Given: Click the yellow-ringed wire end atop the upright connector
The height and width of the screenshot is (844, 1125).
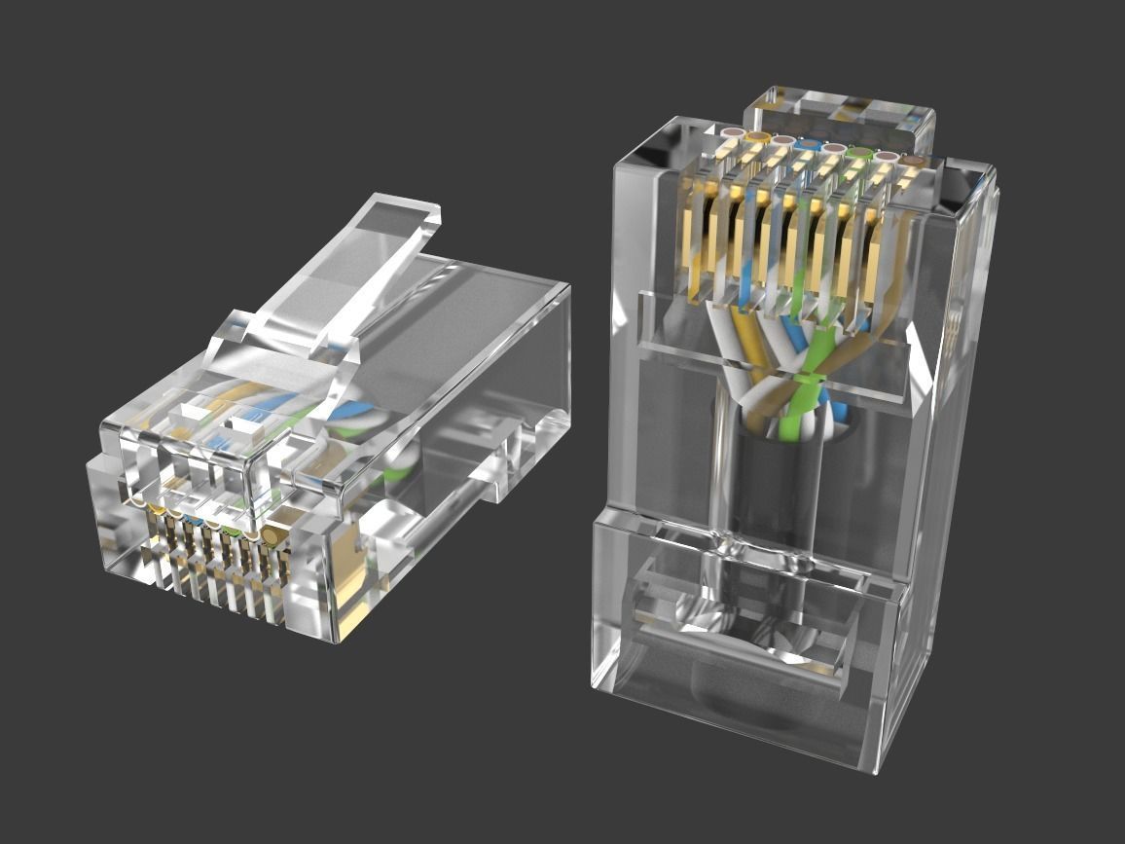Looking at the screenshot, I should pos(758,137).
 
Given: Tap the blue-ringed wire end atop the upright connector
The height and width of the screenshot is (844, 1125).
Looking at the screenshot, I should pos(808,145).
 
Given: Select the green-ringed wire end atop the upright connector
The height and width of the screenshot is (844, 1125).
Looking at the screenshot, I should pos(858,152).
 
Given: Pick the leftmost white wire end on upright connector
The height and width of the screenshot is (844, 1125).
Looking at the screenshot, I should pos(733,132).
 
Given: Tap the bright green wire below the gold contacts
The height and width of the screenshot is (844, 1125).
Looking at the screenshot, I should pos(800,389).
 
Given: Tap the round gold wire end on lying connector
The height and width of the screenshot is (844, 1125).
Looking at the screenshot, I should pos(273,534).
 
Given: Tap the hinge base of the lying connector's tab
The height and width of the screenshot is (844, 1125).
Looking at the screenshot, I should pos(292,331).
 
